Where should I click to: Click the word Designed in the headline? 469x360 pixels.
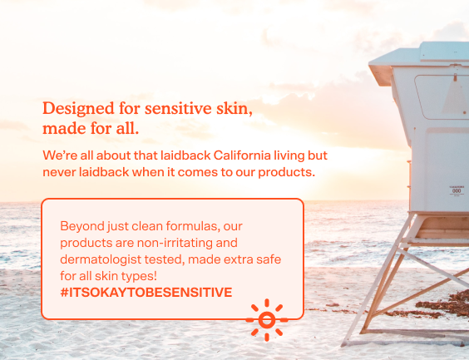[x=78, y=109]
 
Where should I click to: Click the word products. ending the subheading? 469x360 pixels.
[x=287, y=173]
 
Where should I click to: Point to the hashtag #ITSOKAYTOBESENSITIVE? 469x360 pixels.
[x=146, y=292]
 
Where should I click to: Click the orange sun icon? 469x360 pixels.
[x=266, y=320]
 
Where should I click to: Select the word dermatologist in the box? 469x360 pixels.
[x=101, y=259]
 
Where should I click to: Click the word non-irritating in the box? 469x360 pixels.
[x=175, y=243]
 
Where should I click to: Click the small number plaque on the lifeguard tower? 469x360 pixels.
[x=457, y=190]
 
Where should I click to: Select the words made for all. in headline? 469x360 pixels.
[x=91, y=129]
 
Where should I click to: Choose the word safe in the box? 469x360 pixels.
[x=269, y=259]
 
